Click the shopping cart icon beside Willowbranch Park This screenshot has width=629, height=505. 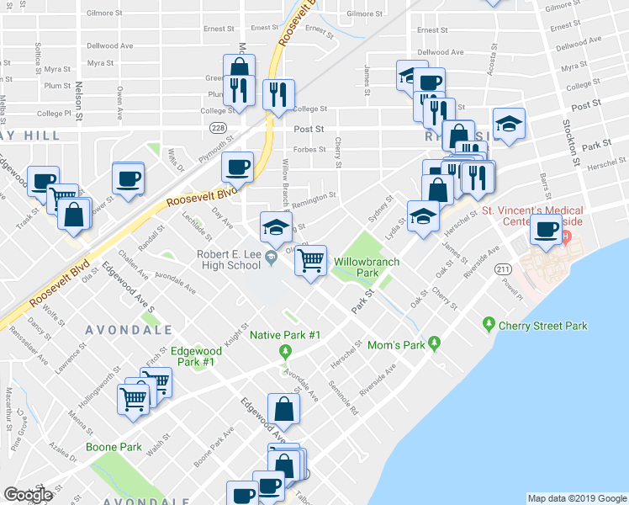(x=311, y=261)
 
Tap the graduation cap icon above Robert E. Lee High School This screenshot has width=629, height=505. (x=275, y=226)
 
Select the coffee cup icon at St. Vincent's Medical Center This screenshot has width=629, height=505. (x=547, y=228)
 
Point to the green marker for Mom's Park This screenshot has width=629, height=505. (x=434, y=343)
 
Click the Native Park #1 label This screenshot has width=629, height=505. (x=286, y=335)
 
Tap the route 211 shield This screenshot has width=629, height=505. (x=503, y=268)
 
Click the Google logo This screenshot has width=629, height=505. (x=28, y=495)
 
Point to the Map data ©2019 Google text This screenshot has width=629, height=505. (x=577, y=498)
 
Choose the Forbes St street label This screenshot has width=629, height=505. (x=310, y=151)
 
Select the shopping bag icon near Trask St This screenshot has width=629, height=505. (x=74, y=215)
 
